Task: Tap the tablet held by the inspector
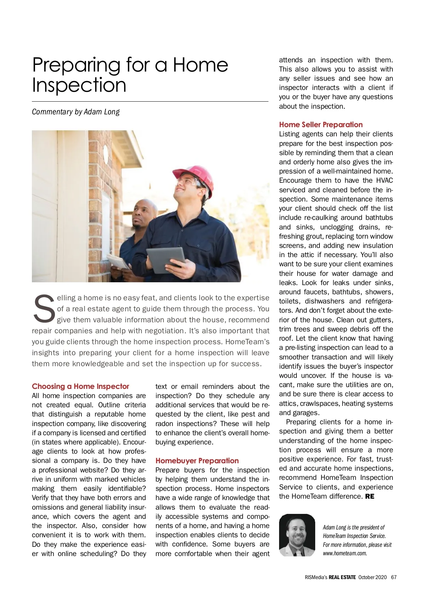point(165,260)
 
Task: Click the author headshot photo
point(297,535)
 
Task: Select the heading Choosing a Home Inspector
point(80,386)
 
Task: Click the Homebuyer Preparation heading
point(197,460)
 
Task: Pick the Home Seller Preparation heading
point(321,124)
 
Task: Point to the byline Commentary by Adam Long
point(75,112)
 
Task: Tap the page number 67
point(393,577)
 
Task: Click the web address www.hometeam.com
point(345,553)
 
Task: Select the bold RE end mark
point(369,496)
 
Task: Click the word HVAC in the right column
point(384,180)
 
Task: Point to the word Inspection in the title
point(79,85)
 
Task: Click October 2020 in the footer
point(372,577)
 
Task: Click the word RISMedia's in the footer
point(316,577)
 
